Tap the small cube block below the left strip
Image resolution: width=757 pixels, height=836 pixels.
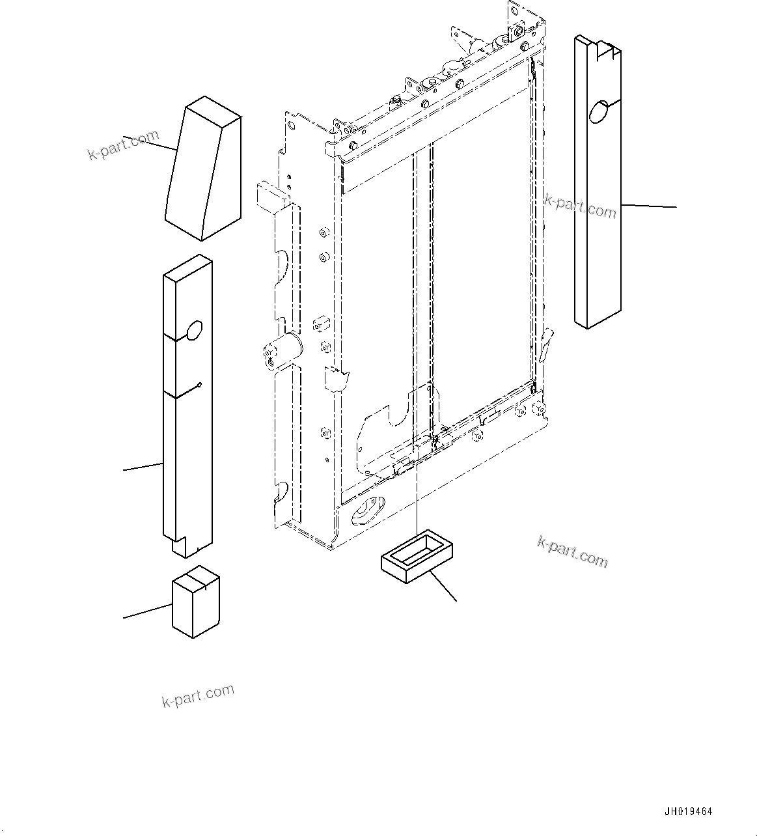195,602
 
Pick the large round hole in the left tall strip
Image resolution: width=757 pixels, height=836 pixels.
195,330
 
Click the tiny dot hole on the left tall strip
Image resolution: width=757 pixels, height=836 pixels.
200,384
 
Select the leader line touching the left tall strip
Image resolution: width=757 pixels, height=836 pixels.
143,466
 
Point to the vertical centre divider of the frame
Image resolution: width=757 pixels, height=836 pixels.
422,293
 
